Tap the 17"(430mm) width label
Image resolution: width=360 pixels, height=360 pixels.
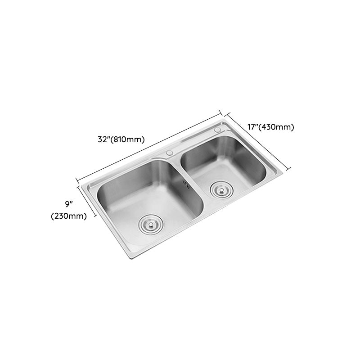[270, 127]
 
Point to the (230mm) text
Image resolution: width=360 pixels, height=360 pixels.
[68, 216]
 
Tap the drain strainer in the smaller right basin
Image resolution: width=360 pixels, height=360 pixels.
[220, 189]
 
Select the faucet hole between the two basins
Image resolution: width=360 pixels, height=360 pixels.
[170, 153]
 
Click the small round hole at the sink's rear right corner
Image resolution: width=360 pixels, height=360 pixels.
[218, 130]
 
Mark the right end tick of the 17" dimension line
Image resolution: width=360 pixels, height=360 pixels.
[289, 168]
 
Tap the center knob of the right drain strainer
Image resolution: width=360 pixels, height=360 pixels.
[220, 189]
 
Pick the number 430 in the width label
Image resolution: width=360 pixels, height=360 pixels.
[275, 127]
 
